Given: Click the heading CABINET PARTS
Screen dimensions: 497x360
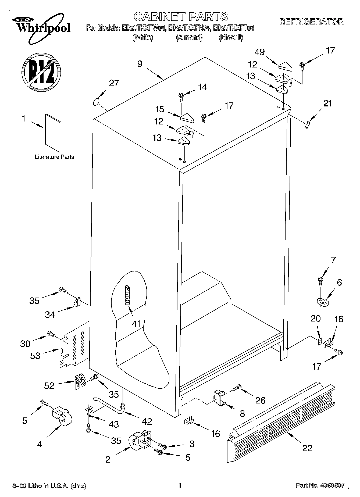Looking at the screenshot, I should (x=181, y=17).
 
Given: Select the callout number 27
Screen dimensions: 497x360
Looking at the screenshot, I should (x=114, y=83).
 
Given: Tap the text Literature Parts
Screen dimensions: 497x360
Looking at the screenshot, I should (x=54, y=157).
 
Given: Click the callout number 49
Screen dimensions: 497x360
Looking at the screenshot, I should (x=260, y=52).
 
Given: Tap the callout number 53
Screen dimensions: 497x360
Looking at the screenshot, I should (x=35, y=356).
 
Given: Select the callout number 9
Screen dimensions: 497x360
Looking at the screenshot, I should (x=140, y=64).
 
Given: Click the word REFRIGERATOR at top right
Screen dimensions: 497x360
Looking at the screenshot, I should (x=311, y=22).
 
